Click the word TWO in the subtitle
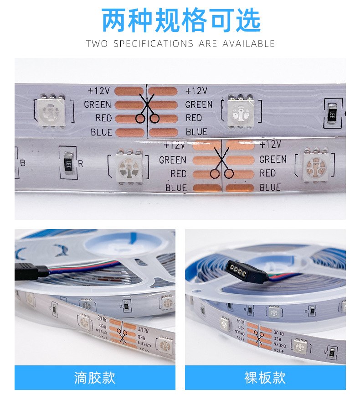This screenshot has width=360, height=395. coord(97,44)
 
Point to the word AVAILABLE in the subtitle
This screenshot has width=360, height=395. coord(249,44)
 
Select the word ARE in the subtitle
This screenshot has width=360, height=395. coord(208,44)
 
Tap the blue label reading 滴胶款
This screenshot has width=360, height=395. coord(95,378)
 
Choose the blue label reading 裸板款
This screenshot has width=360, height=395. coord(265,378)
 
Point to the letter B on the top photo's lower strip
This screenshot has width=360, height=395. coord(23,163)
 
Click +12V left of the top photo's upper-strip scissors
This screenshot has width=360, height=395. coord(100,91)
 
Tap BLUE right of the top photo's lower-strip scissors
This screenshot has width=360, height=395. coord(270,187)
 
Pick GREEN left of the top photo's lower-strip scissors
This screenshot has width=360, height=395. coord(173,160)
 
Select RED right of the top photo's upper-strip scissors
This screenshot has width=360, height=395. coord(194,118)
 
